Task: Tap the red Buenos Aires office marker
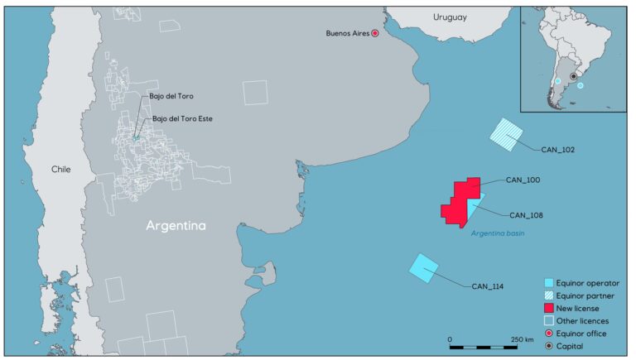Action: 374,33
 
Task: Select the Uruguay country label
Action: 450,17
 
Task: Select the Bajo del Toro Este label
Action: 182,118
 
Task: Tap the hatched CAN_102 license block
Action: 507,133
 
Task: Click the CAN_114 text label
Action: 488,286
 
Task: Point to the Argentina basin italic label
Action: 498,233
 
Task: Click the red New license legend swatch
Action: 550,308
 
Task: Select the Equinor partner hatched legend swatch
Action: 550,295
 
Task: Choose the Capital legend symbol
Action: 550,345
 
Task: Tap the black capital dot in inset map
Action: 573,76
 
